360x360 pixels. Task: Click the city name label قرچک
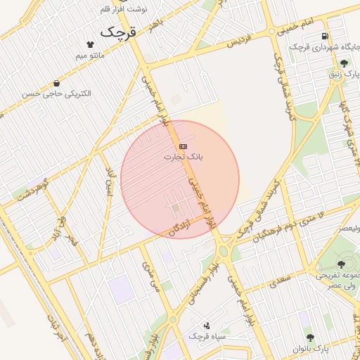click(x=118, y=31)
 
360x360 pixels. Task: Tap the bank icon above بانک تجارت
click(x=184, y=146)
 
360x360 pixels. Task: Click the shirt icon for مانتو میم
click(x=89, y=44)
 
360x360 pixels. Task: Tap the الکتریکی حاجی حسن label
click(x=56, y=94)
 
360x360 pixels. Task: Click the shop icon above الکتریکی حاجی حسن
click(x=56, y=83)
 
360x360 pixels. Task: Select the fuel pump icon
click(x=323, y=37)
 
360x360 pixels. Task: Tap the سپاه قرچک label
click(x=205, y=337)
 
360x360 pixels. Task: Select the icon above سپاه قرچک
click(x=206, y=326)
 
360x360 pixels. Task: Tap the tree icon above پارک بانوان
click(x=307, y=337)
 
